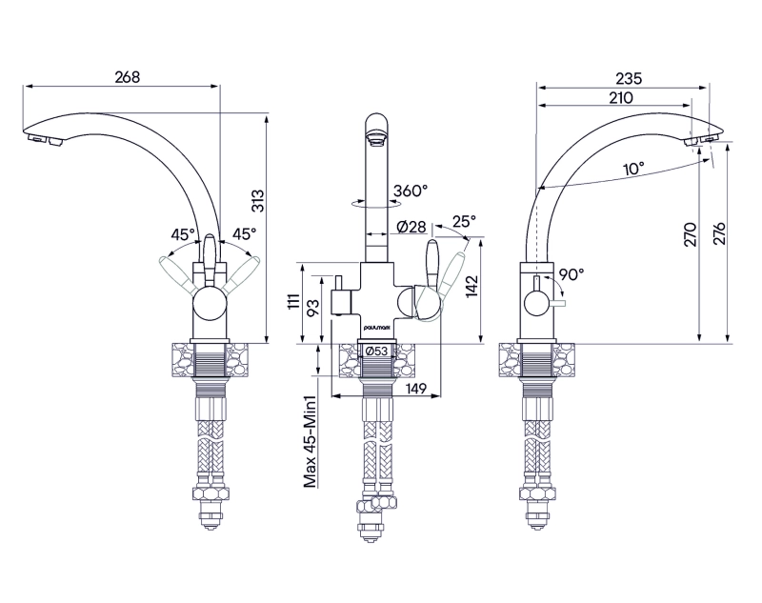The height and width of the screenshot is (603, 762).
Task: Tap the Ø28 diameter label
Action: point(411,227)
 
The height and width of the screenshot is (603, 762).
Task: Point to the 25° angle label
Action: point(463,221)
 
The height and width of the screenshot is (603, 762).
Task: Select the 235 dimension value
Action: point(629,78)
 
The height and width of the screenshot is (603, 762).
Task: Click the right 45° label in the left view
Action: point(245,233)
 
